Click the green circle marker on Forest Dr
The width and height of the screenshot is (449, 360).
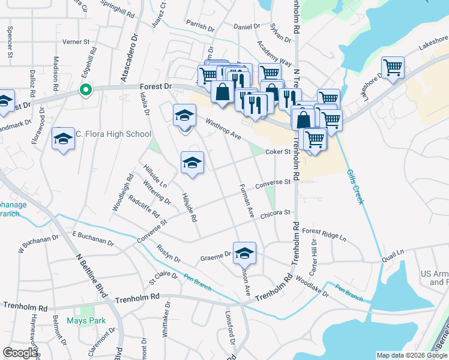pos(86,91)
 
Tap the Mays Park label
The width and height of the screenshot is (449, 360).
pos(86,320)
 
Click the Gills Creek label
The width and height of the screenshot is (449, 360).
pos(355,187)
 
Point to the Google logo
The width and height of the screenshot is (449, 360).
pos(20,353)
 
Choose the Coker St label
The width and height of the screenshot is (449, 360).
pos(279,152)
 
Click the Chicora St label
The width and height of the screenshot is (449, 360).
pos(275,213)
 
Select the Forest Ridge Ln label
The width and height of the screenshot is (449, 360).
pos(325,234)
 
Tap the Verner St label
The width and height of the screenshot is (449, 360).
pos(76,43)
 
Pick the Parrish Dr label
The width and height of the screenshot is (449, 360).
pos(200,26)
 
